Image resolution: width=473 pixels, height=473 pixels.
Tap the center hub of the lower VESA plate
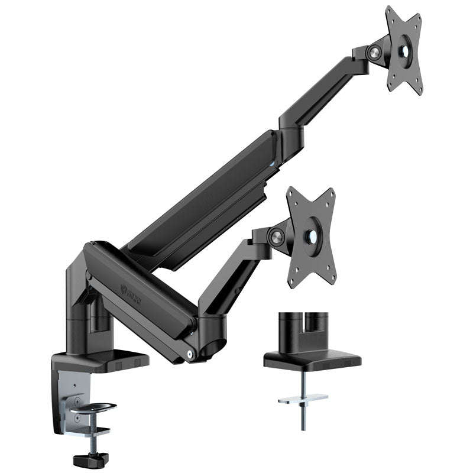[311, 235]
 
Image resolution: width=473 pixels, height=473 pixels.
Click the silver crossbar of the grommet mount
[303, 399]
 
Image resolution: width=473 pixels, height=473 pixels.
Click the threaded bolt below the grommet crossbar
[303, 417]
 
